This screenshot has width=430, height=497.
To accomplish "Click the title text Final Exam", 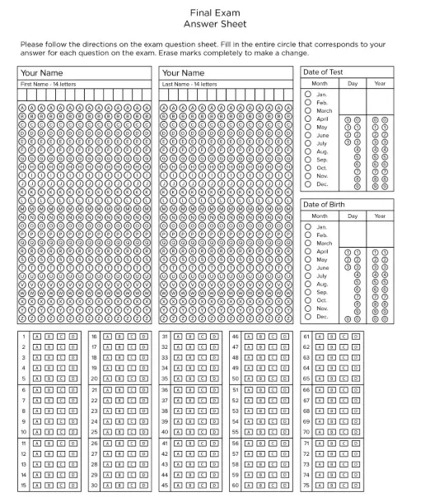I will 214,13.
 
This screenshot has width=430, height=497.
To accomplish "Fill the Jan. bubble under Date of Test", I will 307,95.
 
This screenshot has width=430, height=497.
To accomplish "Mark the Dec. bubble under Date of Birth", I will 307,316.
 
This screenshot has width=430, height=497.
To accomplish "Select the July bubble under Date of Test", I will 307,143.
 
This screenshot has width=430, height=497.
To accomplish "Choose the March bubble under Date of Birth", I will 307,243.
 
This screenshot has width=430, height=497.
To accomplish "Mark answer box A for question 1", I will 37,337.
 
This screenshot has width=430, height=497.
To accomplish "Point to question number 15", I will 25,485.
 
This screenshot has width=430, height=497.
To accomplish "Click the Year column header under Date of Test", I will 380,83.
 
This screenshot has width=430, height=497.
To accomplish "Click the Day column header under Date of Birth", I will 353,216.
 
